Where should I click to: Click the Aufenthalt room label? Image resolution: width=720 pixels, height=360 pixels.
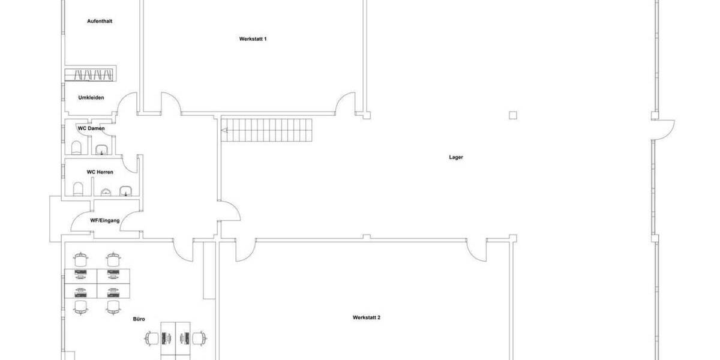point(100,21)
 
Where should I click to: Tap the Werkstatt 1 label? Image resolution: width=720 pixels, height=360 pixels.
point(253,39)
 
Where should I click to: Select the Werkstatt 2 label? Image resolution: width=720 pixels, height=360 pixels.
point(367,317)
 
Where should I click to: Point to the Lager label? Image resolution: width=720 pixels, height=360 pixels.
point(456,157)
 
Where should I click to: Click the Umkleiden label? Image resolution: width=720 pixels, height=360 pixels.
point(91,98)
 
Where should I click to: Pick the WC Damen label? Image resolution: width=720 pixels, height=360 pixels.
point(91,128)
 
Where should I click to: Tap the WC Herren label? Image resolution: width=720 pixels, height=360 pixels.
point(100,172)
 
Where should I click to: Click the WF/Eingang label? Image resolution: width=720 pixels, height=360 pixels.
point(105,221)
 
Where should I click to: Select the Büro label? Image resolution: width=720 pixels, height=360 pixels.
point(139,319)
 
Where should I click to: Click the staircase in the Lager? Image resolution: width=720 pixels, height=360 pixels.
point(267,130)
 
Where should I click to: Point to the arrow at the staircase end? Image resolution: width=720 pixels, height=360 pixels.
point(224,130)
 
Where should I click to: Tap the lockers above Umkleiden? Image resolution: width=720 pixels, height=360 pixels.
point(91,74)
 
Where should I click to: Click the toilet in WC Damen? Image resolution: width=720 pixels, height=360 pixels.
point(77,148)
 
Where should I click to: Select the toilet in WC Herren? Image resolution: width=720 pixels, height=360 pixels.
point(78,189)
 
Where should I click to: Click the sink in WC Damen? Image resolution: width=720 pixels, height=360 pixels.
point(101,149)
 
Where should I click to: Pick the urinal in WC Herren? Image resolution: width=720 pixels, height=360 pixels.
point(106,192)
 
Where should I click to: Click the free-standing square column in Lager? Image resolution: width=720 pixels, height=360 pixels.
point(512,115)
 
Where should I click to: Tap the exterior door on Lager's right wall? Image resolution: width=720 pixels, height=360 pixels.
point(664,130)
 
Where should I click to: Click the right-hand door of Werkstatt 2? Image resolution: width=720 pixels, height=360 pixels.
point(476,250)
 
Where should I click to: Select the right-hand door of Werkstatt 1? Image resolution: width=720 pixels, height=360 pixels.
point(346,103)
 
